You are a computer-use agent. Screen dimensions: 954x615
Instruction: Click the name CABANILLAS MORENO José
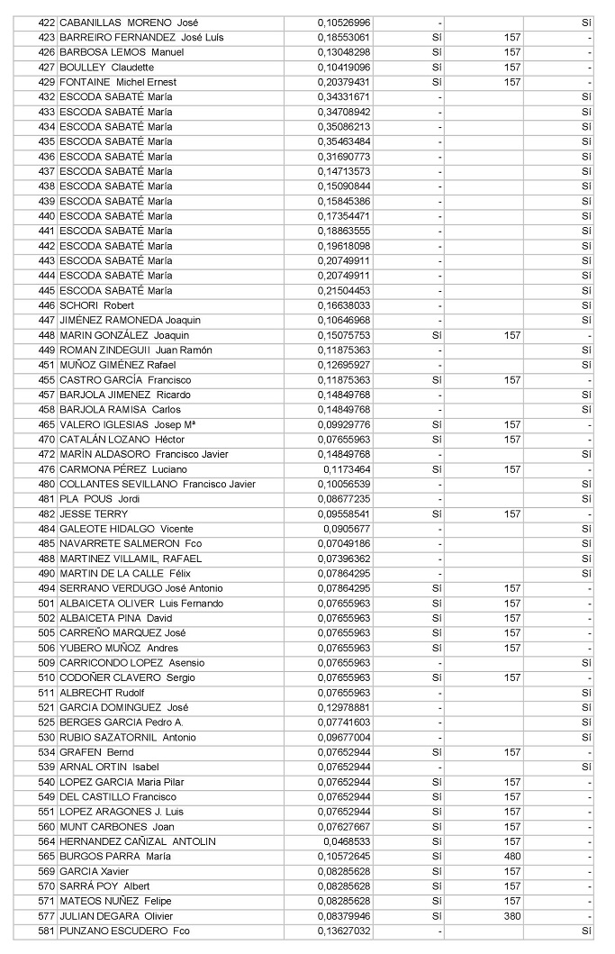(x=129, y=23)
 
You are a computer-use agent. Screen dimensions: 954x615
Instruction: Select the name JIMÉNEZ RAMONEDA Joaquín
(x=130, y=320)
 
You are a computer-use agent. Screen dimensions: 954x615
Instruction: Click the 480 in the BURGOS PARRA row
(x=512, y=856)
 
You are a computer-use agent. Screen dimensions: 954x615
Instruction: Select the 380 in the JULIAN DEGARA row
(x=512, y=915)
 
